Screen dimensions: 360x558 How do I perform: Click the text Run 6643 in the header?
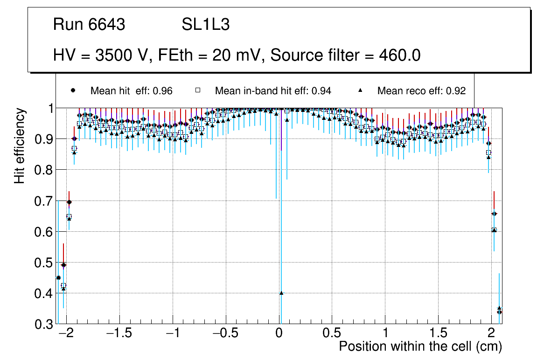(89, 25)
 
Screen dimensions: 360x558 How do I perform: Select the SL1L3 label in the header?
(205, 25)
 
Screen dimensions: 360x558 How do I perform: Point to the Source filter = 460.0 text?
(346, 55)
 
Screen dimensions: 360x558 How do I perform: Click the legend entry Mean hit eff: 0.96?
(131, 91)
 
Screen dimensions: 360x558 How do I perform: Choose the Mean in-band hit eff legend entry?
(273, 91)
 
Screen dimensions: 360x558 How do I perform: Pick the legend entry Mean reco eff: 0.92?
(421, 91)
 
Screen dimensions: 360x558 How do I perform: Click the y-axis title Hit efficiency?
(20, 145)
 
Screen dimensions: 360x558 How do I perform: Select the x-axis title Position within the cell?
(420, 346)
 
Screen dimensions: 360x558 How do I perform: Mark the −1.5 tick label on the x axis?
(119, 334)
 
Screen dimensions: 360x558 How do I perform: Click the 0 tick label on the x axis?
(279, 334)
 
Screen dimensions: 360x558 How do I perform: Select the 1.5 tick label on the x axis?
(438, 334)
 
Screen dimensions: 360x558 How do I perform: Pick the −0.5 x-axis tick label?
(226, 334)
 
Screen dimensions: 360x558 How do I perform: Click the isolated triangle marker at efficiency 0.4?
(281, 293)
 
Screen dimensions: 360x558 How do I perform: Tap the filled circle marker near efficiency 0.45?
(58, 277)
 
